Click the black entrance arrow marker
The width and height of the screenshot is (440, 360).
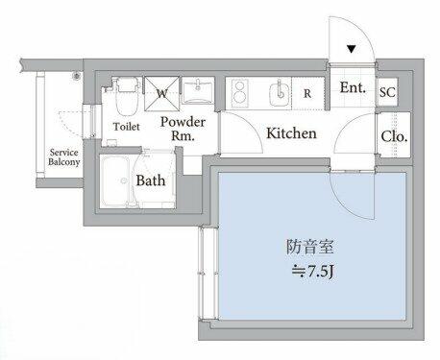coord(352,49)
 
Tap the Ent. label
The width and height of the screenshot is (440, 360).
coord(353,87)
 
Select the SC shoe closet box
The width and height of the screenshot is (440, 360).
coord(387,92)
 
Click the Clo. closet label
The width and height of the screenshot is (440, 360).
coord(394,136)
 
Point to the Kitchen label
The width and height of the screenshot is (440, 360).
coord(291,133)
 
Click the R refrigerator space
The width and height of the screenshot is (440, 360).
coord(307,93)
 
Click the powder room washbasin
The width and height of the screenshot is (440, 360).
coord(197,90)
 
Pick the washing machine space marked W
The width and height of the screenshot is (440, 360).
coord(161,93)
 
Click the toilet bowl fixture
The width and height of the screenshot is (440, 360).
coord(126,96)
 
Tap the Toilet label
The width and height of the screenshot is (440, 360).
coord(127,127)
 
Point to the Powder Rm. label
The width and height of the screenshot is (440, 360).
coord(183,129)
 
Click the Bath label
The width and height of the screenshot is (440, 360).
coord(151,180)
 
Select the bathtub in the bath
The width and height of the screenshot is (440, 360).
coord(116,181)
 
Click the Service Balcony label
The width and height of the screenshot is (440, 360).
coord(63,157)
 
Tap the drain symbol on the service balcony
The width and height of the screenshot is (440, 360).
coord(77,76)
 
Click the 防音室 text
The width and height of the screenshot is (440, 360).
coord(309,247)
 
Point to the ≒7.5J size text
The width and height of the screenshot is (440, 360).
coord(313,273)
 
